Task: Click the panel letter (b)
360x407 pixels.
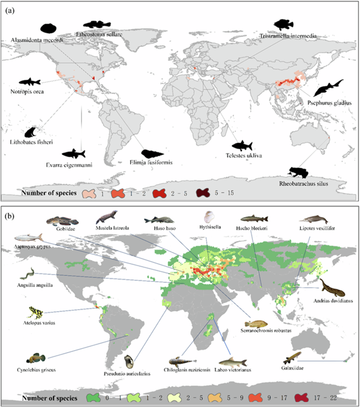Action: tap(9, 215)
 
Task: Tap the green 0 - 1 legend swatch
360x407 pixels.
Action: tap(96, 397)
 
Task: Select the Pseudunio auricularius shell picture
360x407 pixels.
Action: tap(130, 362)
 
